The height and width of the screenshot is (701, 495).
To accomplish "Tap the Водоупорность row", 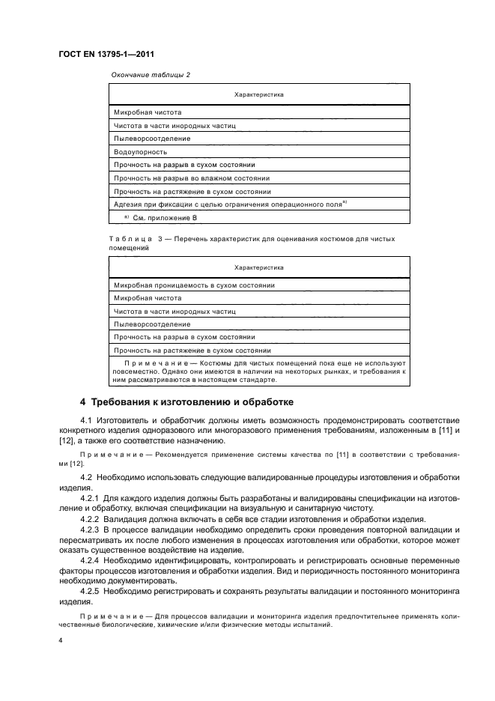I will coord(139,151).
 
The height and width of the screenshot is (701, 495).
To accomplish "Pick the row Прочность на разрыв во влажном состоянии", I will coord(191,177).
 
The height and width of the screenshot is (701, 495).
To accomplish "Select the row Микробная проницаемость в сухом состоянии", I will coord(194,285).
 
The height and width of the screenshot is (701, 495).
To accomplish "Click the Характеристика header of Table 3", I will coord(258,267).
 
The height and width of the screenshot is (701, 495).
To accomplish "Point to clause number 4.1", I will coord(85,420).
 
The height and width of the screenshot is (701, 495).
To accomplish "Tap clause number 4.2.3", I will coord(90,530).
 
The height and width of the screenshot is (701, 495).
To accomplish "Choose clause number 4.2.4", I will coord(90,560).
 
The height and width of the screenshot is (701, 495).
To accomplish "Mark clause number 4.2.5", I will coord(90,591).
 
